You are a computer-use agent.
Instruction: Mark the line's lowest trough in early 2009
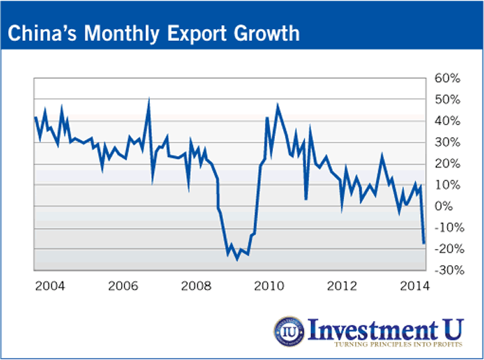(x=237, y=259)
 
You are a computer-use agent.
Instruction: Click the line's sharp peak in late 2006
(x=149, y=100)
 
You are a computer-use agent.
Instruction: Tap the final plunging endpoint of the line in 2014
(x=424, y=243)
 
